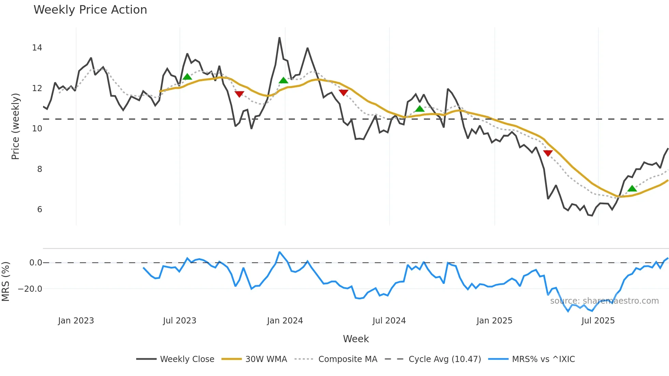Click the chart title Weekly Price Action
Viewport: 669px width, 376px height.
pos(90,10)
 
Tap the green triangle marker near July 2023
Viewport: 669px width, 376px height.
pos(187,77)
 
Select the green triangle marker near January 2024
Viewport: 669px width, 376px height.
pos(283,81)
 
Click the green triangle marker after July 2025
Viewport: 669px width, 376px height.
pos(632,189)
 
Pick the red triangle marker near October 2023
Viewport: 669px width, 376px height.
pos(239,94)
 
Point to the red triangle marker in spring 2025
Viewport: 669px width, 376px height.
pos(548,153)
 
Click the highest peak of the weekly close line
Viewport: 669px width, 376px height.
pos(280,38)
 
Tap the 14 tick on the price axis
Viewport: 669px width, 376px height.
pos(37,48)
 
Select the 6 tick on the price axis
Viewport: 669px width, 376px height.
pos(40,209)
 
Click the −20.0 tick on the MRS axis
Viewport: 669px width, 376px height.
pos(30,289)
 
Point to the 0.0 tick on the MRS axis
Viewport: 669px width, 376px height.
pos(35,263)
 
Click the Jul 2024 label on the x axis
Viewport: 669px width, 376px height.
pos(389,321)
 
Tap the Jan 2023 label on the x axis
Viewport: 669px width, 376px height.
pos(76,321)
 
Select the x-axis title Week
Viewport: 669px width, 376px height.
pos(356,339)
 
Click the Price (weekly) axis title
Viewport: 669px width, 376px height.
pos(15,126)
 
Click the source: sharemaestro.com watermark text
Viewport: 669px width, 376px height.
pos(604,301)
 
